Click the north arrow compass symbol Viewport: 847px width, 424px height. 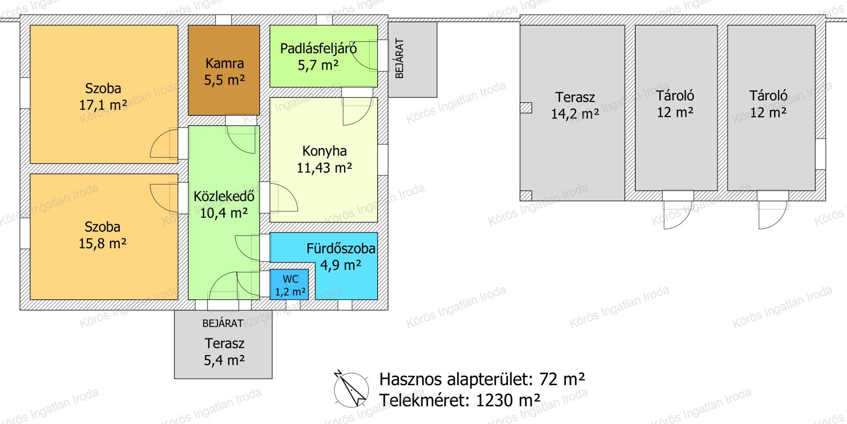(x=351, y=388)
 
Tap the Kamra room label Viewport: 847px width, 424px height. (x=225, y=63)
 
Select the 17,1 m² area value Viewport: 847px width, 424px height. (x=103, y=105)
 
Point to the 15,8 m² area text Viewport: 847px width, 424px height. (x=103, y=243)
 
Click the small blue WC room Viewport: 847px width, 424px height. (x=289, y=285)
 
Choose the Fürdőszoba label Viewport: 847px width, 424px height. (x=341, y=249)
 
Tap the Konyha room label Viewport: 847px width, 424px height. (x=324, y=151)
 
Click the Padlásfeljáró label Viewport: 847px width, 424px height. (x=319, y=48)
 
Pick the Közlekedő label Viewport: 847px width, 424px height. (x=224, y=196)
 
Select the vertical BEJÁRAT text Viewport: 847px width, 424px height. (x=400, y=59)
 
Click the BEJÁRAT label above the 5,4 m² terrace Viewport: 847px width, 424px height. (x=223, y=324)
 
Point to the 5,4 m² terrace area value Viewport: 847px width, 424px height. (x=224, y=361)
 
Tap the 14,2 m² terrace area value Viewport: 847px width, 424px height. (x=575, y=114)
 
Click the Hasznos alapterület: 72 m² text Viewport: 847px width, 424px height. (x=483, y=379)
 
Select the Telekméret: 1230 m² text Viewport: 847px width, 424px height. (x=460, y=400)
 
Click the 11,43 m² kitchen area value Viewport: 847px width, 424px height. (x=324, y=168)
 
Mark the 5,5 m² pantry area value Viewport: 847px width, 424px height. (x=225, y=80)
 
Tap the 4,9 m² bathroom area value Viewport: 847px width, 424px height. (x=341, y=265)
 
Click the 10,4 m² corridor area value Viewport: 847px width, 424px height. (x=224, y=213)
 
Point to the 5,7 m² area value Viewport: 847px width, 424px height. (x=318, y=66)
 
